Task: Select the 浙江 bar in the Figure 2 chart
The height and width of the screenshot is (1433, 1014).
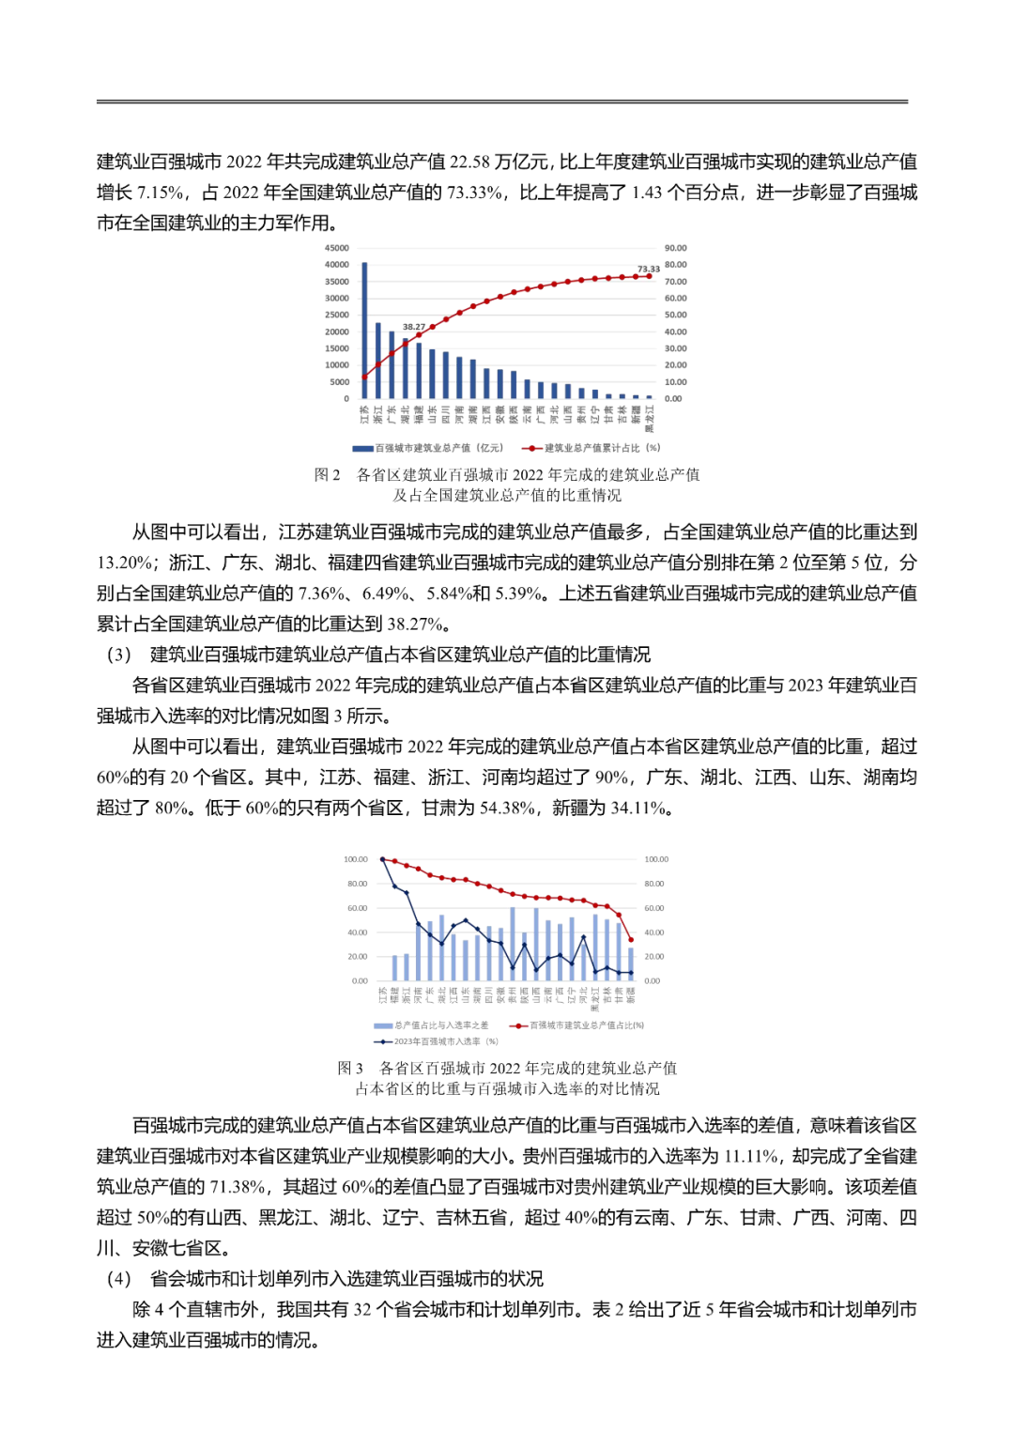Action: [x=377, y=361]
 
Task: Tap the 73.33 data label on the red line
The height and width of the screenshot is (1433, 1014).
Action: [x=648, y=269]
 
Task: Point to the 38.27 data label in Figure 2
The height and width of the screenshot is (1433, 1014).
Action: [x=414, y=327]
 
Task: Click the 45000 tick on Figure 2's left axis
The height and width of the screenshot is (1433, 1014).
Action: [x=336, y=248]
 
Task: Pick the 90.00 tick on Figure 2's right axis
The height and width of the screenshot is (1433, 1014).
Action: [x=675, y=248]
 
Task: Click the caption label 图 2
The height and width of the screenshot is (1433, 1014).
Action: [x=327, y=475]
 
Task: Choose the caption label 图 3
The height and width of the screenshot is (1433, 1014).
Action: [x=350, y=1068]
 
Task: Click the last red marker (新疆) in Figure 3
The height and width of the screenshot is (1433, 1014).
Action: [x=631, y=939]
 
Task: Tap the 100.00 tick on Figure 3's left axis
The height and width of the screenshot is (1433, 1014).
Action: [x=356, y=859]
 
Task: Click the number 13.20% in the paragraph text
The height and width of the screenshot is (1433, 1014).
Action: [x=125, y=562]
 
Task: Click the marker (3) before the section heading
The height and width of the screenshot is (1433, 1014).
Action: [x=118, y=655]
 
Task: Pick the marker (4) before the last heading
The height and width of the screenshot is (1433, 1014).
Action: [x=118, y=1279]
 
